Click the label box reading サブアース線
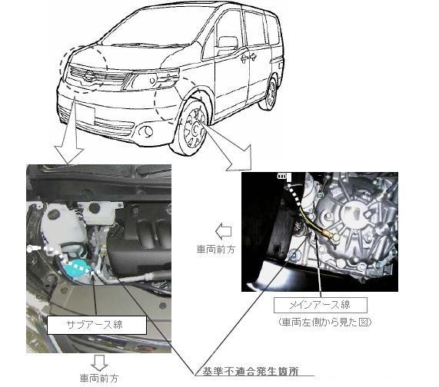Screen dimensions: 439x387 [97, 325]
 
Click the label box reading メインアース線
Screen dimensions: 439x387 [321, 305]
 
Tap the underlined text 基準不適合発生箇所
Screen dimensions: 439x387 [251, 372]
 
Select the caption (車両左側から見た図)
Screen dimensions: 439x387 [325, 322]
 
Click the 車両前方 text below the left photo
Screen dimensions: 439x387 [99, 379]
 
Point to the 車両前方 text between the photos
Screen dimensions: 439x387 [215, 250]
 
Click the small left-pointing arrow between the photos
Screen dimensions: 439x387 [224, 231]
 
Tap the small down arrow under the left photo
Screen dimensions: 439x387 [99, 363]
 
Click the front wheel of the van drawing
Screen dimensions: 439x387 [193, 127]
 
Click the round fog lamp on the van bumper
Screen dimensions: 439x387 [146, 131]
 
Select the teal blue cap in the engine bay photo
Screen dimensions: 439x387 [77, 268]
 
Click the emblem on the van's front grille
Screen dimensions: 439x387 [89, 75]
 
